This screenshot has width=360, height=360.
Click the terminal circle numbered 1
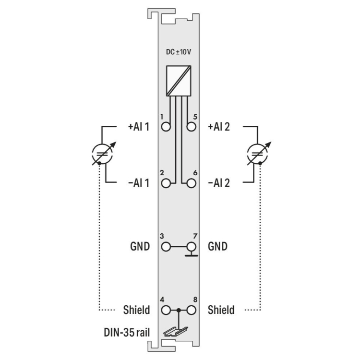tap(166, 127)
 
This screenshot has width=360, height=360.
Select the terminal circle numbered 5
tap(191, 127)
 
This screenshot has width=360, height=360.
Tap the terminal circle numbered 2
tap(166, 183)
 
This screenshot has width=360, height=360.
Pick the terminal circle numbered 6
tap(191, 183)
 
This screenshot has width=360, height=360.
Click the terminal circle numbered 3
tap(166, 247)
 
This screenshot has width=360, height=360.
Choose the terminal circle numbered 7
tap(191, 247)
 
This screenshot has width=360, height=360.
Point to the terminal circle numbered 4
tap(166, 310)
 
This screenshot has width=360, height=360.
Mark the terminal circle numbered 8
tap(191, 310)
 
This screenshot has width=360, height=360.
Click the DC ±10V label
tap(179, 52)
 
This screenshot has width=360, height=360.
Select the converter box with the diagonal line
tap(179, 81)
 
